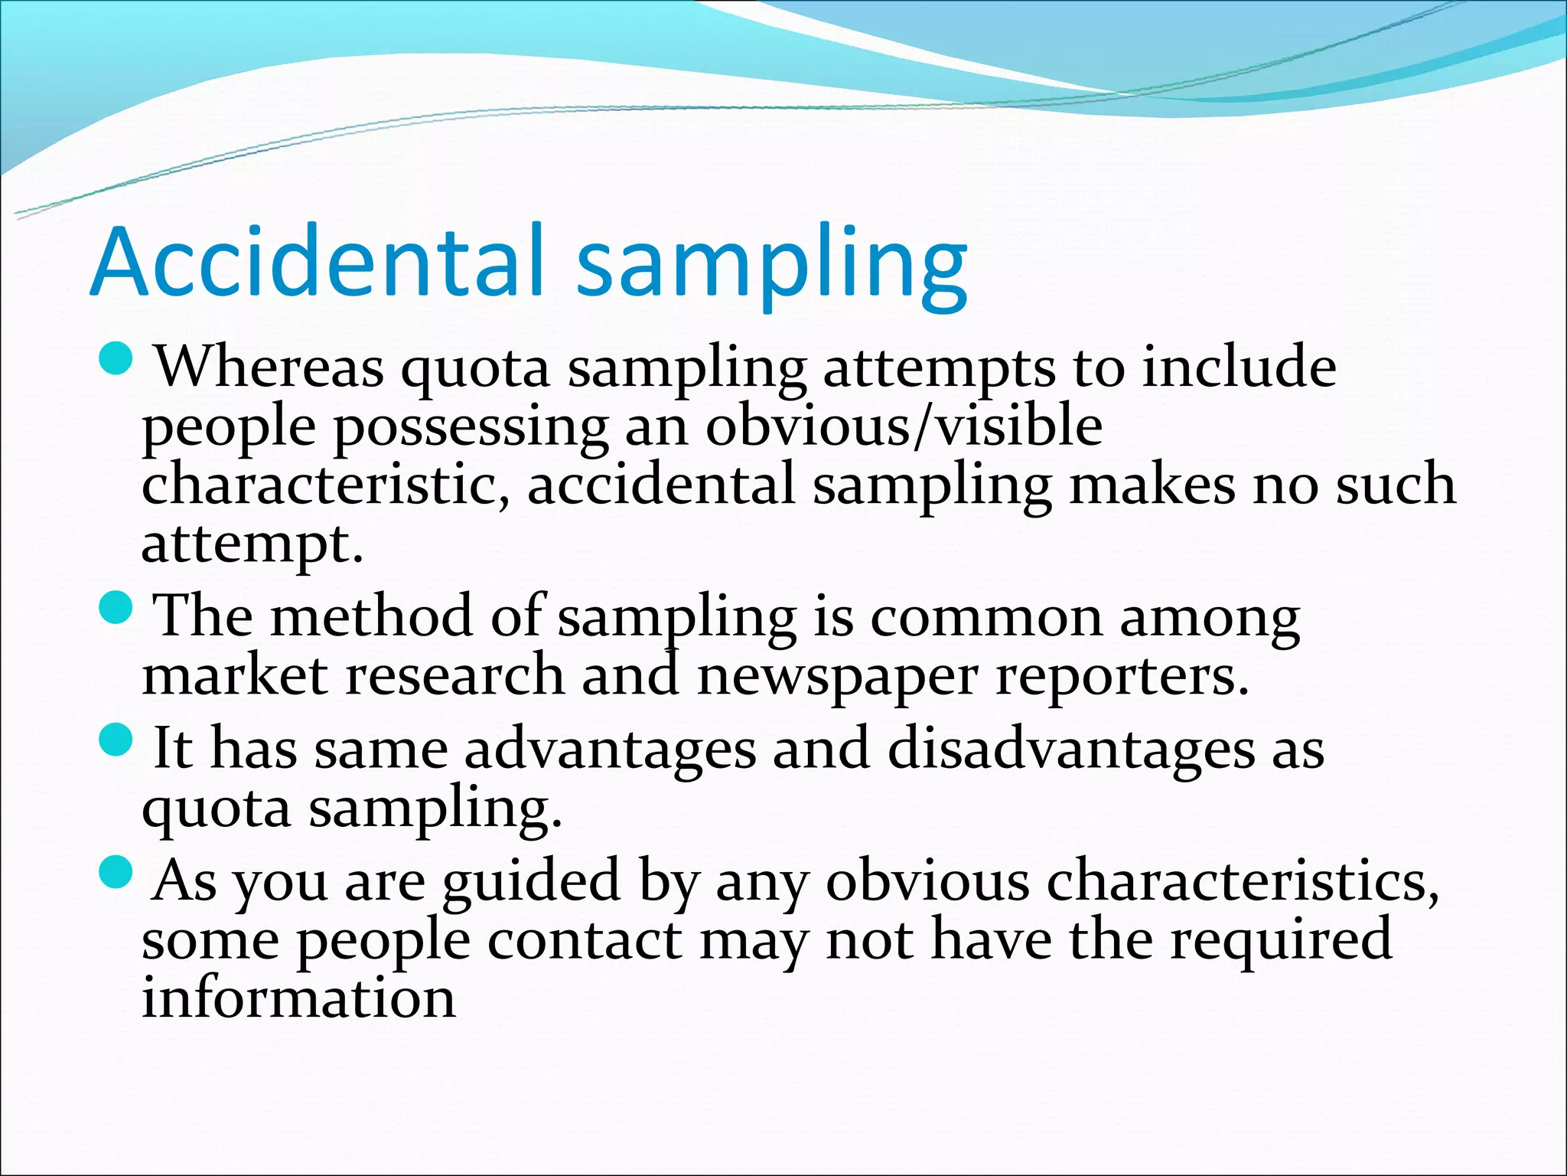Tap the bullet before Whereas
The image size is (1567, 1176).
[x=117, y=358]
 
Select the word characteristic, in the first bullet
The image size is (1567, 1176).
[x=325, y=485]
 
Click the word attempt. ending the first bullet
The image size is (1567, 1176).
[x=252, y=544]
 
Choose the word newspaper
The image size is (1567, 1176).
[x=837, y=677]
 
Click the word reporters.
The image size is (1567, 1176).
[x=1122, y=677]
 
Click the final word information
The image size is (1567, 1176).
[x=298, y=998]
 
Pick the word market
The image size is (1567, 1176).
[x=235, y=677]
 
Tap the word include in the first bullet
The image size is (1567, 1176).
[x=1239, y=367]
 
